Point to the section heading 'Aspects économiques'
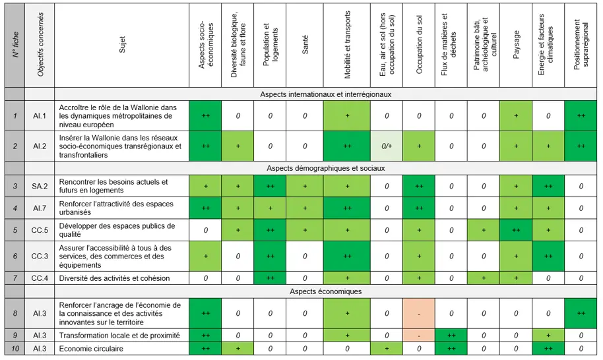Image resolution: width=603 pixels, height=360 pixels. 326,291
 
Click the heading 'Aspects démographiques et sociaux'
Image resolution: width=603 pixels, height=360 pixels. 326,168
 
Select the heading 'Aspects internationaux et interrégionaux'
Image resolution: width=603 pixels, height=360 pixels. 326,94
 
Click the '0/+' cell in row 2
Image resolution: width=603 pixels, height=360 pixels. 387,146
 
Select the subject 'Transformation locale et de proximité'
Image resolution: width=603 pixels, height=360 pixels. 119,335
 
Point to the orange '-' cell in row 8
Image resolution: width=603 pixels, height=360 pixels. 419,313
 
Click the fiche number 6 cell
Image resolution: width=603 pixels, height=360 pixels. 15,256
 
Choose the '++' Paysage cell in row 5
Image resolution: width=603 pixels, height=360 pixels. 516,230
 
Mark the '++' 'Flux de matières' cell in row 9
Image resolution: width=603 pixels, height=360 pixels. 451,335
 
